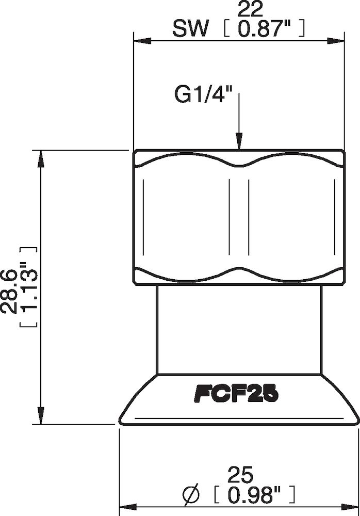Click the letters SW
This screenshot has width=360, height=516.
(x=190, y=29)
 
